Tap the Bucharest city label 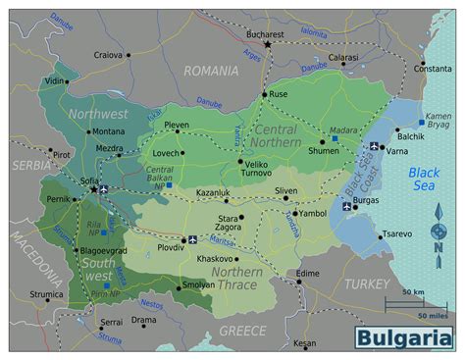coord(265,33)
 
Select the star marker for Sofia coord(94,189)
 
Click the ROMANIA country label coord(211,71)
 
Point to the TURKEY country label coord(367,283)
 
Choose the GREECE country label coord(242,331)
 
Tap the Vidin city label coord(54,81)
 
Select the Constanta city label coord(433,69)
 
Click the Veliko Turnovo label coord(256,168)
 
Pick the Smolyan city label coord(198,285)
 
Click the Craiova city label coord(107,55)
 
